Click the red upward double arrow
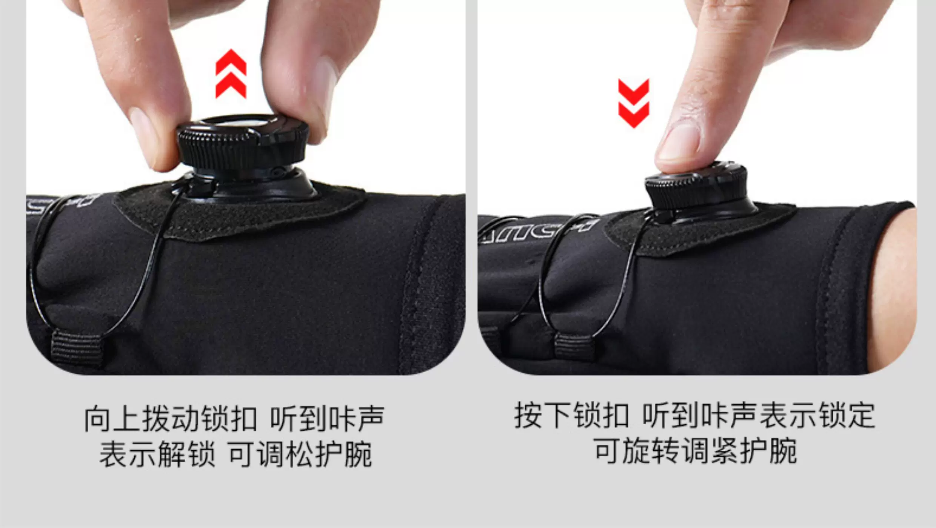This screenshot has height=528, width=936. tap(231, 74)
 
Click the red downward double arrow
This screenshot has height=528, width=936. tap(634, 103)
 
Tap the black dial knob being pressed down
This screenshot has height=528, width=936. tap(696, 189)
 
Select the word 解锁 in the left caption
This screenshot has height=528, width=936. tap(186, 454)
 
